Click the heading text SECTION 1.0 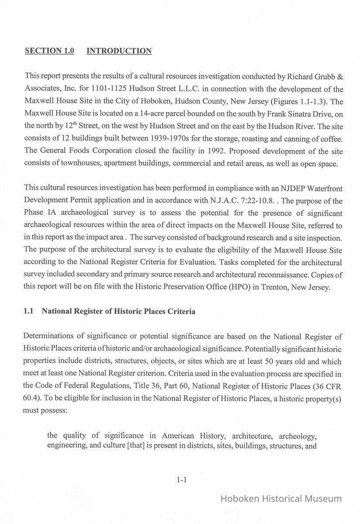[49, 51]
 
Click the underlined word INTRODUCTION [119, 51]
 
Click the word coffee [332, 138]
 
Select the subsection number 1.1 [29, 312]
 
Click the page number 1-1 [182, 480]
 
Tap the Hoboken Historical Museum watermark [281, 499]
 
